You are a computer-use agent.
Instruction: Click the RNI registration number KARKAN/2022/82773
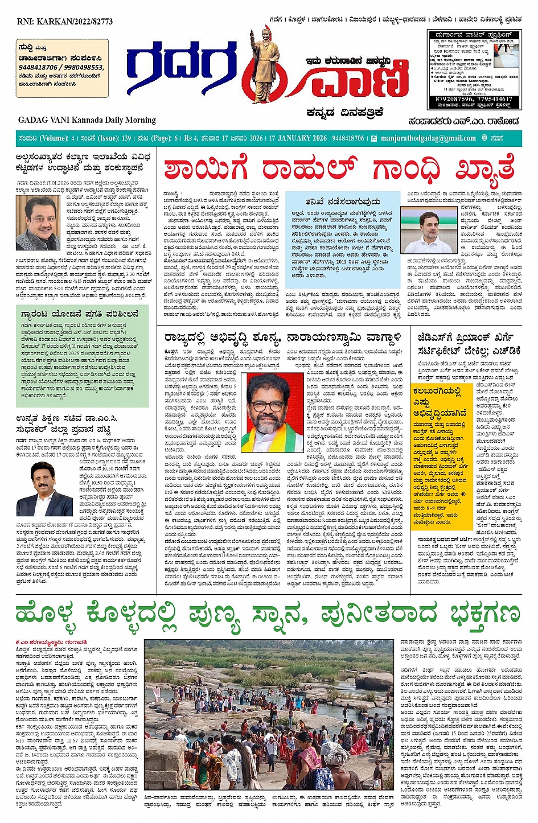click(x=65, y=22)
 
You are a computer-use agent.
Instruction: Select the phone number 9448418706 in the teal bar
click(x=348, y=138)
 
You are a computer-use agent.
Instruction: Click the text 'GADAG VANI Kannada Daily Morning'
click(x=87, y=120)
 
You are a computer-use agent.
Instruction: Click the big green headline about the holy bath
click(x=268, y=615)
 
